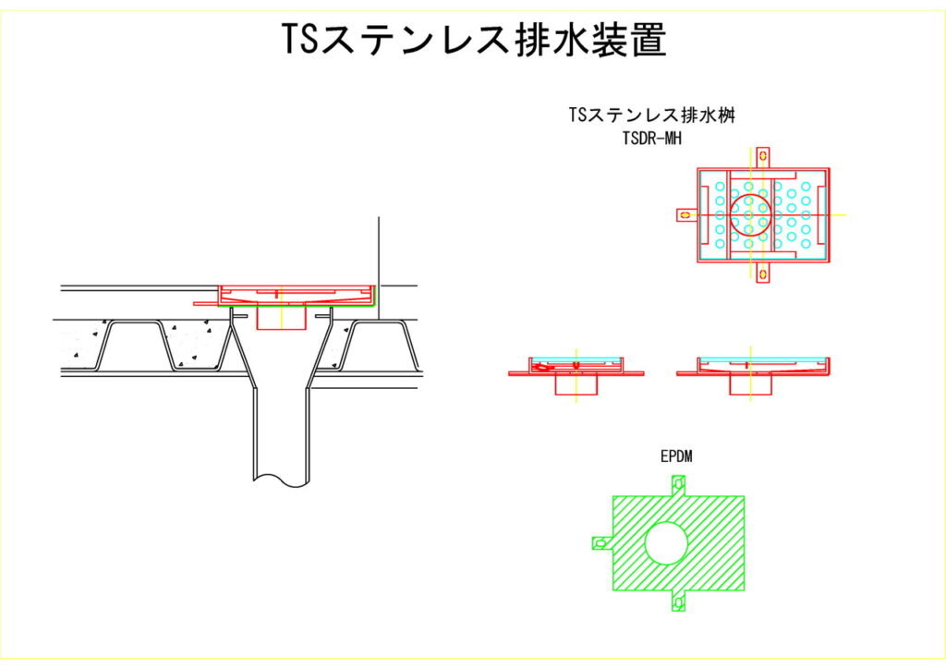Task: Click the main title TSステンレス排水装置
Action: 473,40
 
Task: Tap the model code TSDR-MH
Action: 657,139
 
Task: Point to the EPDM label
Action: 677,456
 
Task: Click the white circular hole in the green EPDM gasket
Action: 666,542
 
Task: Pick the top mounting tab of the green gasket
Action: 679,485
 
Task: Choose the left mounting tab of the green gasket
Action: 601,542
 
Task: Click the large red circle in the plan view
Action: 750,214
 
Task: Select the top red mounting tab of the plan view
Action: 763,156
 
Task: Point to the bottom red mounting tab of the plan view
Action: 763,273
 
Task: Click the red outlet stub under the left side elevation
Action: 576,385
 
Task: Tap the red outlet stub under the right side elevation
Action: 749,385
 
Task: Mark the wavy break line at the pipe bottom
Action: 281,479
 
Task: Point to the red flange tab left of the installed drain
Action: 205,301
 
